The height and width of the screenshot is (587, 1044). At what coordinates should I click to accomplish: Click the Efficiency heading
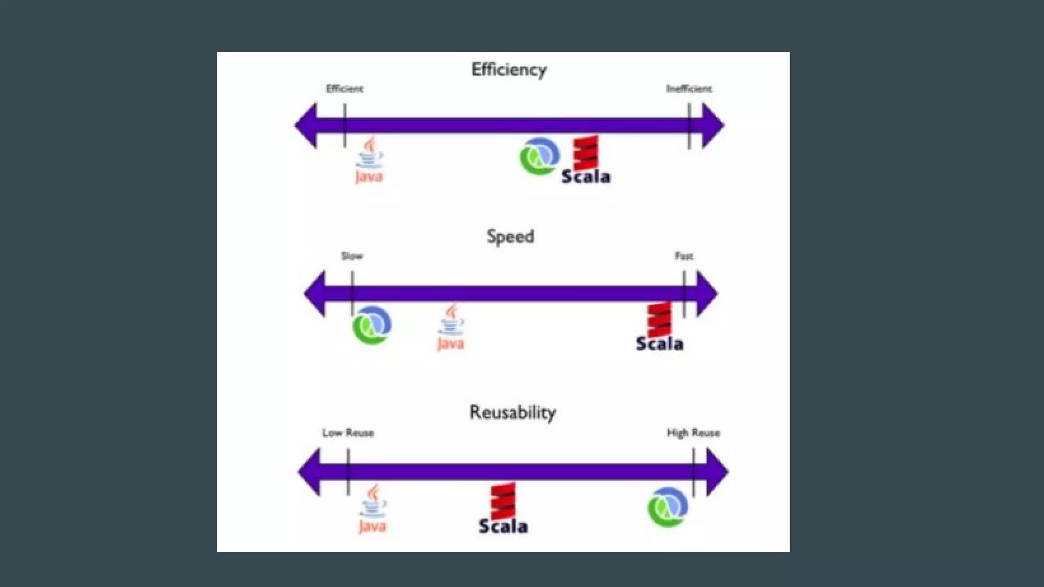[x=509, y=69]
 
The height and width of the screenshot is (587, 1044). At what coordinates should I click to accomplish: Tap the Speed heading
[x=510, y=236]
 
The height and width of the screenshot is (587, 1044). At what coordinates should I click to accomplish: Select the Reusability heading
[x=512, y=412]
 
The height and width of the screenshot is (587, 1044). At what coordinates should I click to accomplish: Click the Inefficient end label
[x=689, y=89]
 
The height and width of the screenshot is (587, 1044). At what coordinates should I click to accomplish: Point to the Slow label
[x=352, y=256]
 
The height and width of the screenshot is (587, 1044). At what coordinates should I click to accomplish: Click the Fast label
[x=684, y=256]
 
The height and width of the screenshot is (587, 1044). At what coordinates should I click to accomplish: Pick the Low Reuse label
[x=348, y=433]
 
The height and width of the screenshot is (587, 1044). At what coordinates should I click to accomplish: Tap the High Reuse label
[x=693, y=433]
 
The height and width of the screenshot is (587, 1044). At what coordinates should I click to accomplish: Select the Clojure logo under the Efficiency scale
[x=539, y=156]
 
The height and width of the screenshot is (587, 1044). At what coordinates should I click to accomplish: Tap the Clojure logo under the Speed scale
[x=372, y=325]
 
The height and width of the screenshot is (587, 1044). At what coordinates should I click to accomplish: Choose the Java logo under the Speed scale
[x=451, y=327]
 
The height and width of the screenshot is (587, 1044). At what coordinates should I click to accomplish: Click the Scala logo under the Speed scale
[x=659, y=327]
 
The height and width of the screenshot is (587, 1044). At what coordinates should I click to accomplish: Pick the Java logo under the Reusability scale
[x=373, y=509]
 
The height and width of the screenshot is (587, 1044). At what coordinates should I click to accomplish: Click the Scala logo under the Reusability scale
[x=503, y=509]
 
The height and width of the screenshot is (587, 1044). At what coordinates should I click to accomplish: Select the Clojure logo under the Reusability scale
[x=668, y=507]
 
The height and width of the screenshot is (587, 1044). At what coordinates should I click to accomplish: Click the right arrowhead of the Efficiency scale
[x=712, y=125]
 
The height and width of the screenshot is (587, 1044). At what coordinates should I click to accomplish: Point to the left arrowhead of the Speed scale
[x=315, y=293]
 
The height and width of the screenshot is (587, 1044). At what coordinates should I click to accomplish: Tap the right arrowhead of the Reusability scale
[x=717, y=472]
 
